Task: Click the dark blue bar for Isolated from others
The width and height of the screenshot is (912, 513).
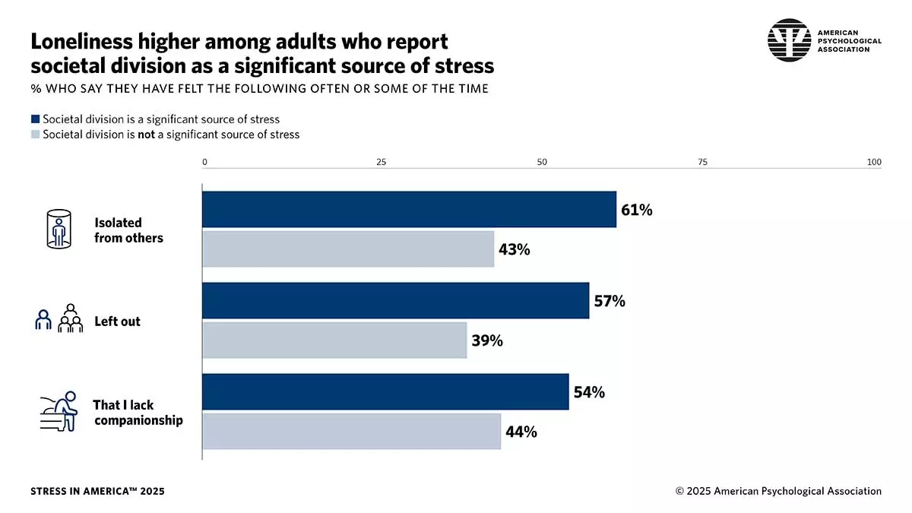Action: [409, 209]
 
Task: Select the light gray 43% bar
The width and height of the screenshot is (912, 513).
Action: [348, 249]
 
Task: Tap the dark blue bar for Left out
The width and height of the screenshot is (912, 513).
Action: [395, 300]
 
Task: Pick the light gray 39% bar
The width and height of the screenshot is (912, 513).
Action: [334, 340]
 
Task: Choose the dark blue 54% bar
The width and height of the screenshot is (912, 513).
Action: [385, 391]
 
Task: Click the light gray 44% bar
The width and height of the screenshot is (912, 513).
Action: [351, 431]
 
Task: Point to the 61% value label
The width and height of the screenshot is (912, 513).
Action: [637, 211]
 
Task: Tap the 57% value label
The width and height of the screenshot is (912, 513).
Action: [610, 302]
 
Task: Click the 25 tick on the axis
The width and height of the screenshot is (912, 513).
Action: [382, 162]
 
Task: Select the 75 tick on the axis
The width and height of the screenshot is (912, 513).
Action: [702, 162]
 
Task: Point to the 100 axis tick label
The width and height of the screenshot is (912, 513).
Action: [874, 162]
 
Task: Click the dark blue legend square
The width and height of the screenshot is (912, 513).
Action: [35, 119]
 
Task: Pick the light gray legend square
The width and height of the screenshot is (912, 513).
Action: [35, 135]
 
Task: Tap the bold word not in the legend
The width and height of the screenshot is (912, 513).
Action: [146, 135]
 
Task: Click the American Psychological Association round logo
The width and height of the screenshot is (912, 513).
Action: [790, 40]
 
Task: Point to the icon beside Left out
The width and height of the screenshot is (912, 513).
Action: [59, 318]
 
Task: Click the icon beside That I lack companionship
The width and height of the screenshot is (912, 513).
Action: [59, 411]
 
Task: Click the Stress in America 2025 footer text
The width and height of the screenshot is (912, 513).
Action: [97, 491]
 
